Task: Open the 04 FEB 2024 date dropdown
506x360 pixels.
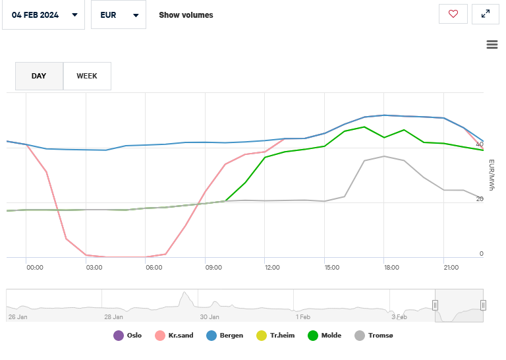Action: (x=43, y=15)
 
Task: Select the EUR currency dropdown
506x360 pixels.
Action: (x=118, y=15)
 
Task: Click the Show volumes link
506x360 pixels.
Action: (x=186, y=15)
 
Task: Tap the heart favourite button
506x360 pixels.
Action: (x=453, y=14)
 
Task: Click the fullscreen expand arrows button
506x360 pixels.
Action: (x=486, y=14)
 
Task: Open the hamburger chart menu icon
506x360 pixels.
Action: (x=492, y=44)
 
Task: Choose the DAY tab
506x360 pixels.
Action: (x=39, y=76)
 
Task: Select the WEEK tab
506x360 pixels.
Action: (x=87, y=76)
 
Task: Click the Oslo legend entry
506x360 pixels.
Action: (x=128, y=336)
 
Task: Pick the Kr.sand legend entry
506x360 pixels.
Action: (x=174, y=336)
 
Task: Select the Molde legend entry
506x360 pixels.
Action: (x=324, y=336)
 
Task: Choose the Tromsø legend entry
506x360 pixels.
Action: (x=374, y=336)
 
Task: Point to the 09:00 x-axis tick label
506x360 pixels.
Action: (x=213, y=267)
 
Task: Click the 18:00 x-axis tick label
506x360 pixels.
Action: (x=391, y=267)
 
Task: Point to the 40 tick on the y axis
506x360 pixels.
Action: (x=481, y=143)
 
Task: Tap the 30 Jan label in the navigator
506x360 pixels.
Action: (x=210, y=317)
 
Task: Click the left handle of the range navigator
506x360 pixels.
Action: (x=435, y=305)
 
